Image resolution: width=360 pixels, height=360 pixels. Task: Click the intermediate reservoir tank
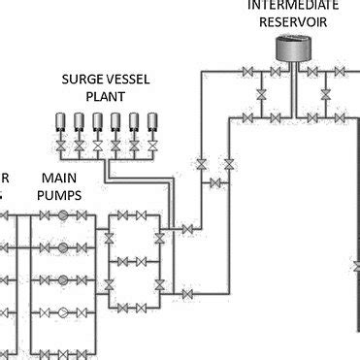click(288, 46)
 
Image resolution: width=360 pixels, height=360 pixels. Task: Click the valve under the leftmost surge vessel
click(60, 145)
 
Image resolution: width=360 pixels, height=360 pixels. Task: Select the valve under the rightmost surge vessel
click(151, 145)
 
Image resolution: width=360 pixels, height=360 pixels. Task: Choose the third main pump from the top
click(63, 279)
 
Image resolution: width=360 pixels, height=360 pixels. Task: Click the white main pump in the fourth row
click(63, 312)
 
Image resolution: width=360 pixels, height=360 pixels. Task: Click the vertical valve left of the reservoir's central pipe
click(261, 94)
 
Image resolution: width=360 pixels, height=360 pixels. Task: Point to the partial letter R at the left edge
click(4, 178)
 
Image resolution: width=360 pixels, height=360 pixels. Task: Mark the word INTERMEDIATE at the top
click(288, 5)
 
